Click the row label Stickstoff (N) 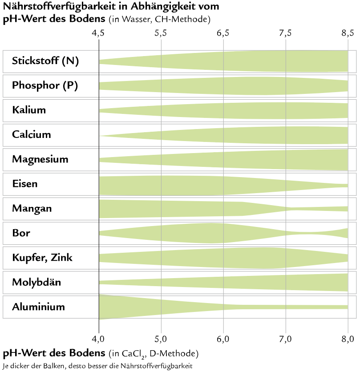click(45, 61)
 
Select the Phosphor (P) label click(45, 85)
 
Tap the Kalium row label click(29, 110)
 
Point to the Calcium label click(32, 134)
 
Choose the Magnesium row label click(40, 159)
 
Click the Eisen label click(25, 184)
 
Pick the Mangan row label click(32, 208)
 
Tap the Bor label click(21, 233)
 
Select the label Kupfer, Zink click(42, 258)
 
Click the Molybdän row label click(36, 282)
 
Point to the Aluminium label click(39, 307)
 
